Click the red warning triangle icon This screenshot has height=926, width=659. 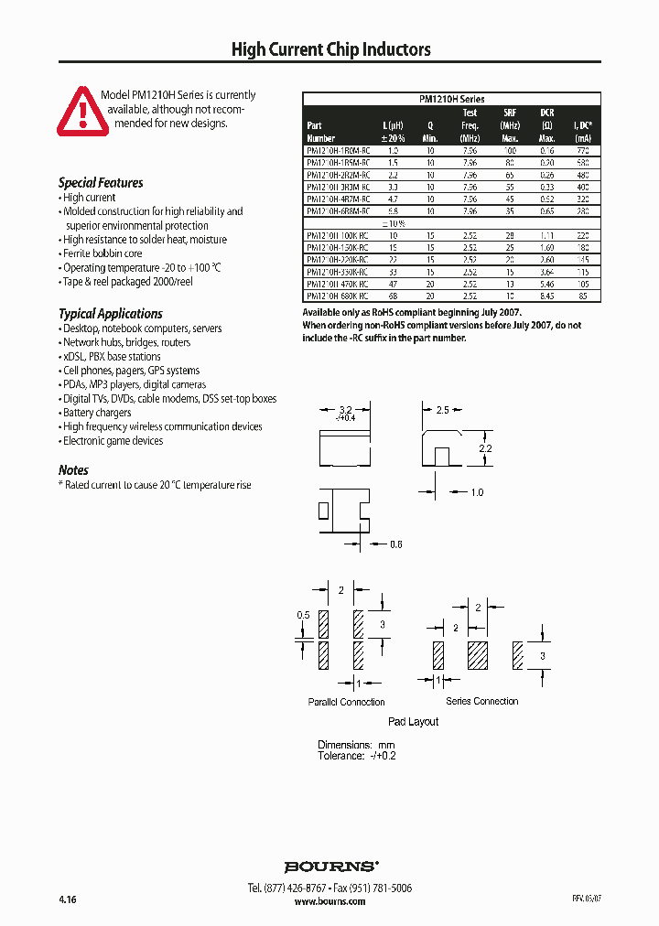pyautogui.click(x=81, y=112)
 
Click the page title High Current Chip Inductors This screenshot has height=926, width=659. pyautogui.click(x=330, y=49)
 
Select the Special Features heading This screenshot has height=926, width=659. pyautogui.click(x=101, y=182)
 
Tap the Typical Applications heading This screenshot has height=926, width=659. pyautogui.click(x=110, y=313)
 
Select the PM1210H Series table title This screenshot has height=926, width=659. pyautogui.click(x=451, y=99)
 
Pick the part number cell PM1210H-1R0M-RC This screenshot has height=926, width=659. pyautogui.click(x=338, y=149)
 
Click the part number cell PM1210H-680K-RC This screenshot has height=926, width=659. pyautogui.click(x=338, y=296)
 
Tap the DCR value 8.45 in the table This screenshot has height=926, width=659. pyautogui.click(x=546, y=296)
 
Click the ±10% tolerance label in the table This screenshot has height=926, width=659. pyautogui.click(x=393, y=223)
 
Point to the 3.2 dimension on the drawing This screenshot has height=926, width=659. pyautogui.click(x=345, y=411)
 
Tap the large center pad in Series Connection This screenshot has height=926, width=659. pyautogui.click(x=479, y=655)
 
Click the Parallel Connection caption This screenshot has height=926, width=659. pyautogui.click(x=346, y=702)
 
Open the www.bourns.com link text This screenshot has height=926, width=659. pyautogui.click(x=329, y=901)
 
